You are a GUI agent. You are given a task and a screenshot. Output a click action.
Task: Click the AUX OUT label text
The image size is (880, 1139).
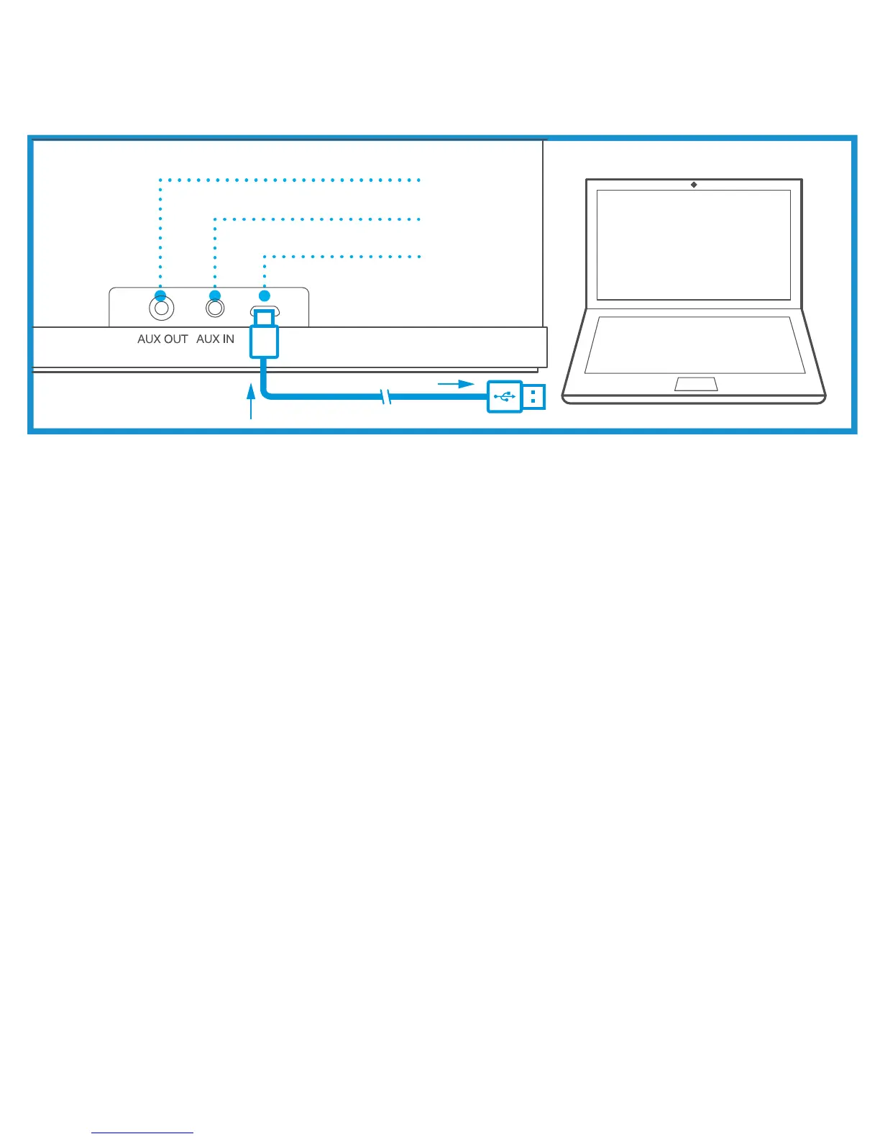tap(162, 339)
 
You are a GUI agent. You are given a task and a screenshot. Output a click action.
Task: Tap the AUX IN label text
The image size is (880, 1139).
tap(215, 339)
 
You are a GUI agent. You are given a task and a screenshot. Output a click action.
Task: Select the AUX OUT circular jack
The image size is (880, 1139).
tap(161, 309)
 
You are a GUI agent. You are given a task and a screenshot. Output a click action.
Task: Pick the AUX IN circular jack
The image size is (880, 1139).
tap(215, 308)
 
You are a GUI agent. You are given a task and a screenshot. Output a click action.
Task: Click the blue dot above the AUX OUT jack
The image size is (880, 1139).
tap(160, 296)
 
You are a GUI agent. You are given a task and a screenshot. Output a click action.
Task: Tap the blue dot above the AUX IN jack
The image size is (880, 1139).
tap(214, 296)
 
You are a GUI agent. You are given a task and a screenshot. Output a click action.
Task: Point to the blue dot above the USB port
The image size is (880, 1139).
tap(265, 295)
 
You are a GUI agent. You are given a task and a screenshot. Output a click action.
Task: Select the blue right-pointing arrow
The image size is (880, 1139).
tap(456, 384)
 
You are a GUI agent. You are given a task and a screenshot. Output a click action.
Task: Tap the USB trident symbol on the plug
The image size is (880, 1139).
tap(505, 396)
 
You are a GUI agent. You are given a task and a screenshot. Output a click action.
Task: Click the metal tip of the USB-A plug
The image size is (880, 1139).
tap(533, 396)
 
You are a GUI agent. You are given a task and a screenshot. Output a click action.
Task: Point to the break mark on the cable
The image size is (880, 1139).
tap(386, 396)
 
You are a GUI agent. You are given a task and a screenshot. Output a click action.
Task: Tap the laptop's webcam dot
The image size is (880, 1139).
tap(694, 185)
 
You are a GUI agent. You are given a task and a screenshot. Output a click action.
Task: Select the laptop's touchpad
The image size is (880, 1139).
tap(695, 383)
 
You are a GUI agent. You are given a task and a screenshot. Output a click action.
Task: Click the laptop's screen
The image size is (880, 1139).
tap(694, 244)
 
